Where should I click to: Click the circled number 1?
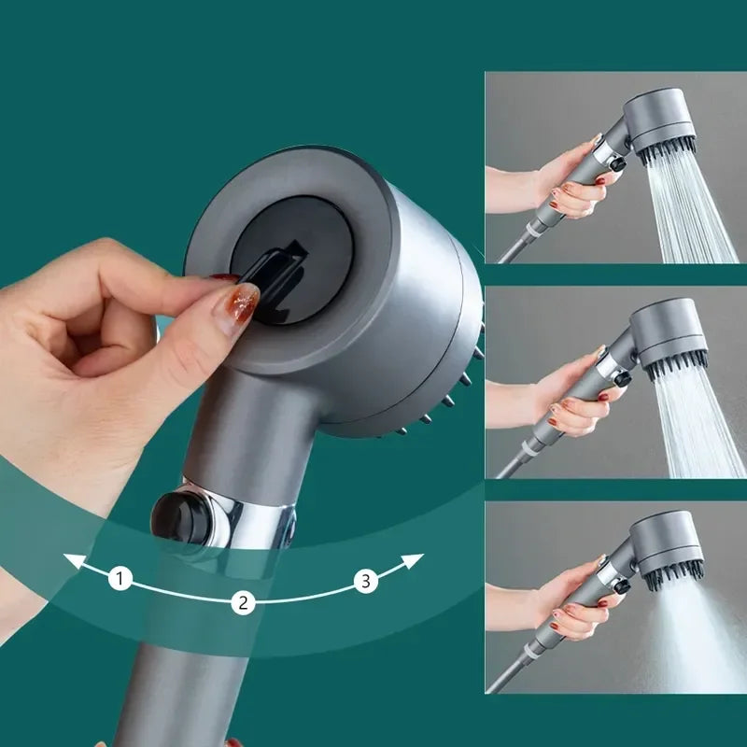pos(120,579)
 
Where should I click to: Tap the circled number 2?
pos(243,603)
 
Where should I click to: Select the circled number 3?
pos(365,582)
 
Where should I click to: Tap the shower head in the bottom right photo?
pos(667,551)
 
